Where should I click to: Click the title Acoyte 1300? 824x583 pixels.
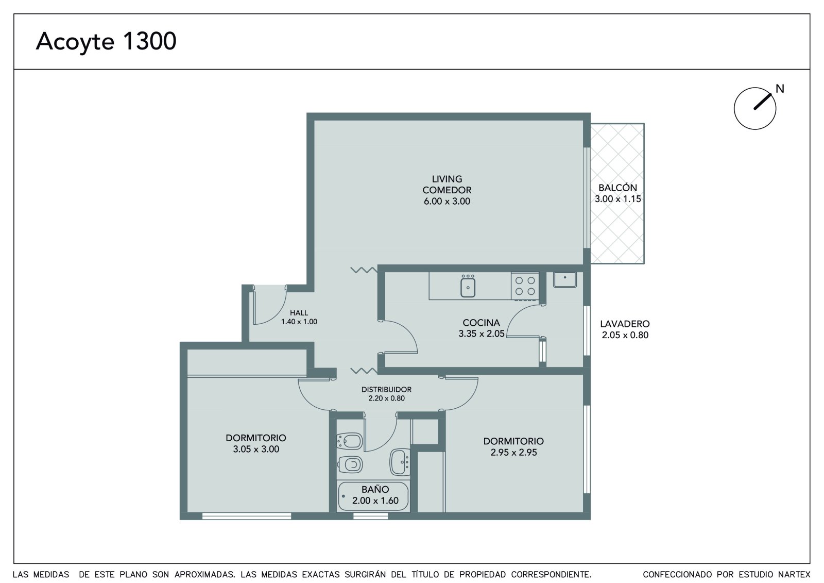(x=106, y=42)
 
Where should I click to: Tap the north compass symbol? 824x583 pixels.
(x=755, y=108)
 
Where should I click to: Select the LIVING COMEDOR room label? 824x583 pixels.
(x=447, y=185)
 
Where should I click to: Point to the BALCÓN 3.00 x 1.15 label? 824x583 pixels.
(x=617, y=193)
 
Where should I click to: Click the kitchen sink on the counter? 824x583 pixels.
(x=468, y=287)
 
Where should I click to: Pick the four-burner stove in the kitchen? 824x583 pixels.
(x=525, y=286)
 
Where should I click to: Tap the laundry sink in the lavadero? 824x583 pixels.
(x=564, y=279)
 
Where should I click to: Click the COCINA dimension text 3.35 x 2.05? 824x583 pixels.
(x=481, y=334)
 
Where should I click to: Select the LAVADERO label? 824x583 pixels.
(x=625, y=324)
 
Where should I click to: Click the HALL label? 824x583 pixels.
(x=299, y=313)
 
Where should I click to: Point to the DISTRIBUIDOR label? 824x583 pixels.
(x=386, y=389)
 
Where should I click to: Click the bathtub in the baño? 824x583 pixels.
(x=373, y=496)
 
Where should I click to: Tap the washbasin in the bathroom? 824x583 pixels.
(x=400, y=462)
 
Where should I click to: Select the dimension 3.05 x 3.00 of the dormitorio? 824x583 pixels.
(x=256, y=449)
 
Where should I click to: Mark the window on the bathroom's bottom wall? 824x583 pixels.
(x=370, y=516)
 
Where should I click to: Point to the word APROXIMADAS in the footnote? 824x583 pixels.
(x=204, y=574)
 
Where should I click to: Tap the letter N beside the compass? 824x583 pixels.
(x=780, y=89)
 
